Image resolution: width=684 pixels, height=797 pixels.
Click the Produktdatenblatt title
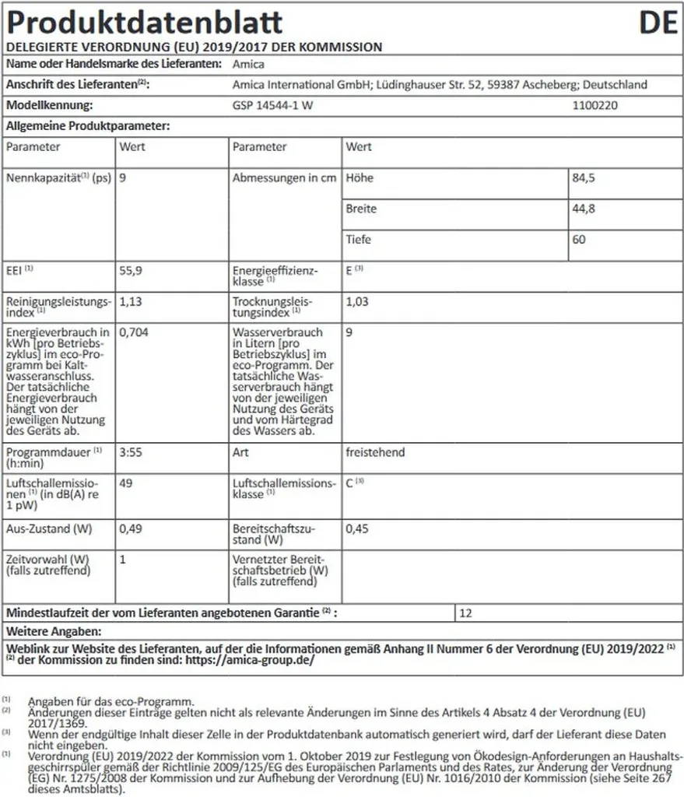(x=144, y=23)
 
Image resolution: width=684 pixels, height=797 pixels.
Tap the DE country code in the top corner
(x=658, y=23)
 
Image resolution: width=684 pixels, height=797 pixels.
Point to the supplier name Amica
(x=249, y=65)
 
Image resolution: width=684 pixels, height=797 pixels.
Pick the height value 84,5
(x=584, y=177)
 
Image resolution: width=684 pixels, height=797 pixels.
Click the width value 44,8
(x=584, y=209)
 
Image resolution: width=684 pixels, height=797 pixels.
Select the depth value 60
(x=579, y=240)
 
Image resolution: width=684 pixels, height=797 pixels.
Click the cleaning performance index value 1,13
(x=131, y=300)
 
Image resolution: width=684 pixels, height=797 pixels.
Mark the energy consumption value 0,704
(x=134, y=332)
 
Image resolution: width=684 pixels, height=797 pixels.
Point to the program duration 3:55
(x=131, y=451)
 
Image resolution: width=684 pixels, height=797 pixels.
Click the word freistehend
(x=375, y=451)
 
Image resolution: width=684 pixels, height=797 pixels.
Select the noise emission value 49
(x=126, y=483)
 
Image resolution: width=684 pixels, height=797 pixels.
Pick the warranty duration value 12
(x=466, y=613)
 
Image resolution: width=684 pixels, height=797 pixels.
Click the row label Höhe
(x=360, y=177)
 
